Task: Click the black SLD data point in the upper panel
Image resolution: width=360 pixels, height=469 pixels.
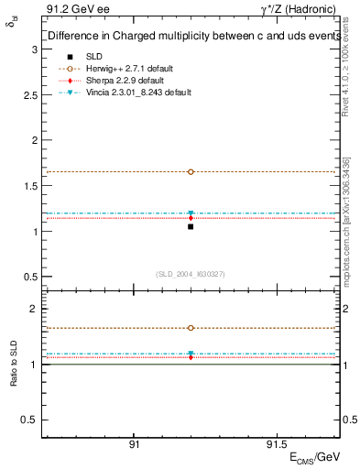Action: [x=191, y=226]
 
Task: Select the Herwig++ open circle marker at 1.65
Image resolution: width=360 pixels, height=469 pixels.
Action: [x=191, y=171]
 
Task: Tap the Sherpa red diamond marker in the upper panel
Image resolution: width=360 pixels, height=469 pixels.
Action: [x=191, y=218]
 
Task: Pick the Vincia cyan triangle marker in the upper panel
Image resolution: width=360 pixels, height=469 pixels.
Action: [x=191, y=213]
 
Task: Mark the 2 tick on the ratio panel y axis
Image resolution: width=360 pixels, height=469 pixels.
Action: [x=34, y=310]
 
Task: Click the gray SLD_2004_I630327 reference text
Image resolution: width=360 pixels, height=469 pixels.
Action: [x=191, y=274]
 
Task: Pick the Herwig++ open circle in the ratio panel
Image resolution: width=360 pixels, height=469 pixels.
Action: [x=191, y=328]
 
